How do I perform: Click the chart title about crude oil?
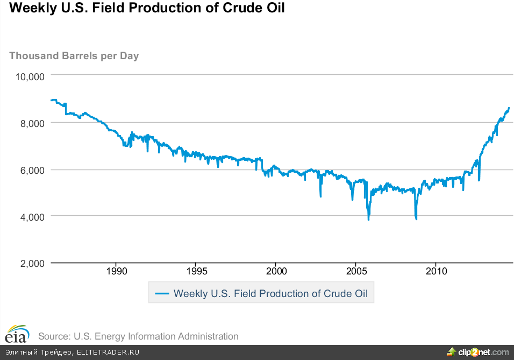click(144, 9)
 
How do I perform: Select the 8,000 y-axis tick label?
click(31, 123)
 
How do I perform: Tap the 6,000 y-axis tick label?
click(31, 170)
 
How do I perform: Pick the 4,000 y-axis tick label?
click(31, 216)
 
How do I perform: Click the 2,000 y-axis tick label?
click(31, 263)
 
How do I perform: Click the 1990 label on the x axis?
click(117, 271)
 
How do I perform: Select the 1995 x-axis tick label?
click(196, 271)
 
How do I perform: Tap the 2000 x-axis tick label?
click(276, 271)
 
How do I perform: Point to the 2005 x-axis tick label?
click(355, 271)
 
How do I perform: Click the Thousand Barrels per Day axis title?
click(74, 55)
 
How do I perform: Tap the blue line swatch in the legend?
click(162, 294)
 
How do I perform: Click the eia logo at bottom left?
click(18, 334)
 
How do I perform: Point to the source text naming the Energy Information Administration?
click(138, 336)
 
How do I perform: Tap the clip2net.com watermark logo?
click(478, 352)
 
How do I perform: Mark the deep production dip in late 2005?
click(368, 218)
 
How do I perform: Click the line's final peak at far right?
click(509, 108)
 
